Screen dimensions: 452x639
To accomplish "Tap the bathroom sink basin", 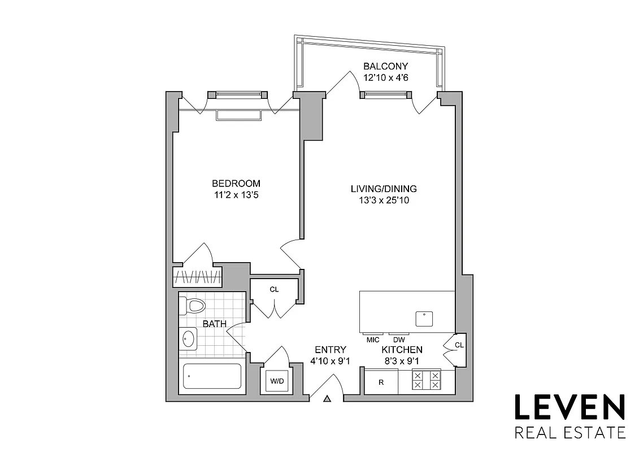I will click(x=189, y=339).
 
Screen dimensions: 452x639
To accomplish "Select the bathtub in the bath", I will click(x=212, y=376).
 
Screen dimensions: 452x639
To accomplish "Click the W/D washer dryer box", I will click(x=277, y=381).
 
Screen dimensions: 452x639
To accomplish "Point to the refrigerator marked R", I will click(x=381, y=382).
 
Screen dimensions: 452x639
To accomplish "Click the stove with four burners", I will click(x=427, y=379).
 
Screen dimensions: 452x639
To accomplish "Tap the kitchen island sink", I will click(x=424, y=319).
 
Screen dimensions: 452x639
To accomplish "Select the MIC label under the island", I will click(x=372, y=340).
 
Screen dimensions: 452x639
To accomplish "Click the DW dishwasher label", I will click(x=399, y=340).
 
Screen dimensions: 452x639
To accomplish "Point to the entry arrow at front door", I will click(x=327, y=399).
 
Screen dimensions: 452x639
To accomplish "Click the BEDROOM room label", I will click(x=236, y=184).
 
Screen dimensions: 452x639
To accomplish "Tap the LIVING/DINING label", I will click(x=384, y=189).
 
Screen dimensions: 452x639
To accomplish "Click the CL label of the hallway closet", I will click(x=274, y=289).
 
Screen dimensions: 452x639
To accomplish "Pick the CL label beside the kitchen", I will click(x=459, y=344).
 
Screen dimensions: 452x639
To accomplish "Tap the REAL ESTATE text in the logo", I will click(x=569, y=433).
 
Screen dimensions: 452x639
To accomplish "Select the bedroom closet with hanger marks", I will click(x=197, y=277).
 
